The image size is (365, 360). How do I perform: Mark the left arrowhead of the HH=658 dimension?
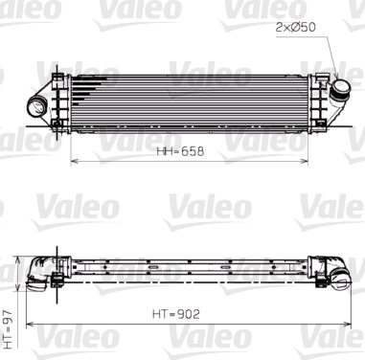(x=74, y=162)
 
